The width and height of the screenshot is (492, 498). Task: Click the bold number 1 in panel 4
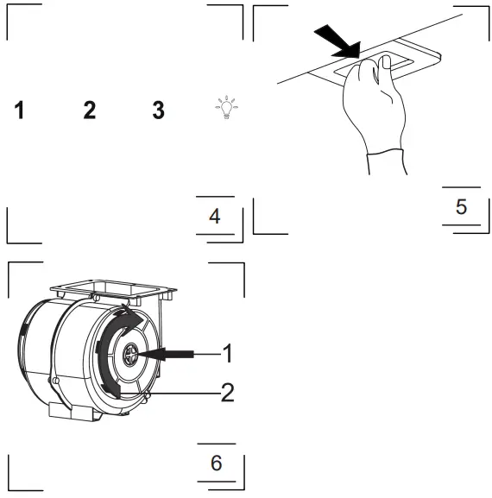(x=19, y=112)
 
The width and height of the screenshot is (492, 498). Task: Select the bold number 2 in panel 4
(x=89, y=112)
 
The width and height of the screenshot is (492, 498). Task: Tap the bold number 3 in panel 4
(x=157, y=112)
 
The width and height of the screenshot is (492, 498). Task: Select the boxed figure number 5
(x=461, y=206)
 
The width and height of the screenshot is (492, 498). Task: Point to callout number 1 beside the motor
(x=227, y=353)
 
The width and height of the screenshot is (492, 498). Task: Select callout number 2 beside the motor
(x=227, y=393)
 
